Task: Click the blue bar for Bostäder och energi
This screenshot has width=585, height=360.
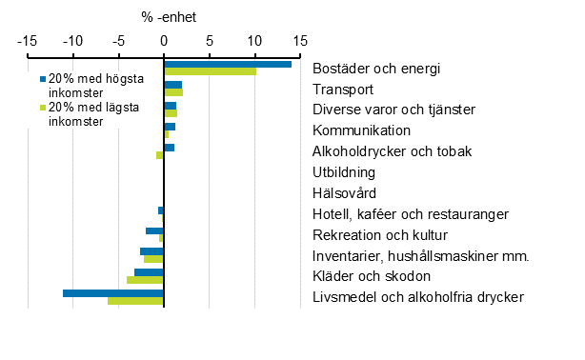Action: [228, 64]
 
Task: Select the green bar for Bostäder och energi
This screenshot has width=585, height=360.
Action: [210, 71]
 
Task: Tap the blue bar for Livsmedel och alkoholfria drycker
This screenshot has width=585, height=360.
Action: [113, 293]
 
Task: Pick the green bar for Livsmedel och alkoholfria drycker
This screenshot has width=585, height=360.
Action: [135, 301]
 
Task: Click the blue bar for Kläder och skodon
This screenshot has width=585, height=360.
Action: [149, 272]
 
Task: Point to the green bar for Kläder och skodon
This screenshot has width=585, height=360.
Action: [145, 280]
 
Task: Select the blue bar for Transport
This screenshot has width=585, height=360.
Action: [172, 85]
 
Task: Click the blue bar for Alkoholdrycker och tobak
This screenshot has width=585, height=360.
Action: [169, 148]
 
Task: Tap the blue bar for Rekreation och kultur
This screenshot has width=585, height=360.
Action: [154, 230]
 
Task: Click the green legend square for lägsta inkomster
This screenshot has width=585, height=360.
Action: [42, 109]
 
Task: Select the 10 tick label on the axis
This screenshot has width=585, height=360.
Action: [254, 41]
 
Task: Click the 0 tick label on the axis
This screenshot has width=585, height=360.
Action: [164, 41]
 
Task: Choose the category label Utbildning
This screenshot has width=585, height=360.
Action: [343, 172]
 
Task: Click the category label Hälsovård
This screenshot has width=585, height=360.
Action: [344, 193]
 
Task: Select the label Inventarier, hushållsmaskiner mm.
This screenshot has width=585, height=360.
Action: [420, 255]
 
